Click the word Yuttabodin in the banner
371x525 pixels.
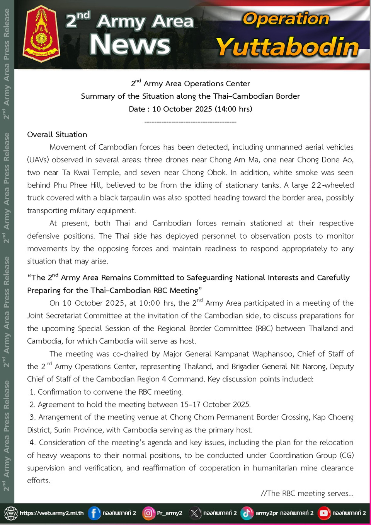coord(288,47)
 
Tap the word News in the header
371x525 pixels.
coord(130,44)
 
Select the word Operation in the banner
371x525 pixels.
coord(286,19)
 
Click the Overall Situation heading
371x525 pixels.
coord(57,135)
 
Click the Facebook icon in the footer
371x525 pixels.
coord(94,513)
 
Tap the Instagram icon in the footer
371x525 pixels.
coord(148,513)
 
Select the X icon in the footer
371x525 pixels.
coord(195,513)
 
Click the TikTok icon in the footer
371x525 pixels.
coord(247,513)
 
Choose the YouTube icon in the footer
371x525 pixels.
coord(324,513)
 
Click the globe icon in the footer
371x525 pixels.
coord(11,513)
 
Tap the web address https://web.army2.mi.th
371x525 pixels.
coord(51,513)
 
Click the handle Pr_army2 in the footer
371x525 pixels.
coord(170,513)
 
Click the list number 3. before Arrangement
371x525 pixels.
coord(33,417)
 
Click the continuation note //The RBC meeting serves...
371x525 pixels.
coord(307,493)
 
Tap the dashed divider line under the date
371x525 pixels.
coord(190,122)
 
